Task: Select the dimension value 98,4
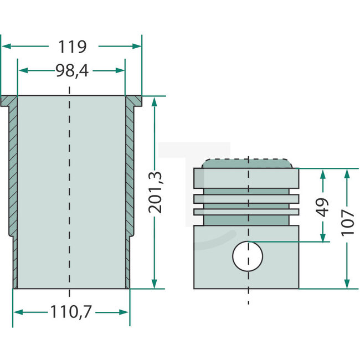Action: (71, 70)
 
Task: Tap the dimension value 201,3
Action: (157, 192)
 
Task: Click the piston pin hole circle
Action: (246, 256)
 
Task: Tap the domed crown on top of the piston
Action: (246, 163)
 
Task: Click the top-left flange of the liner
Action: (9, 101)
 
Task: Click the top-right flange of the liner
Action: (133, 101)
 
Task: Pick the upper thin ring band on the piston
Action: (246, 198)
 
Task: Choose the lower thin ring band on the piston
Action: (246, 212)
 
